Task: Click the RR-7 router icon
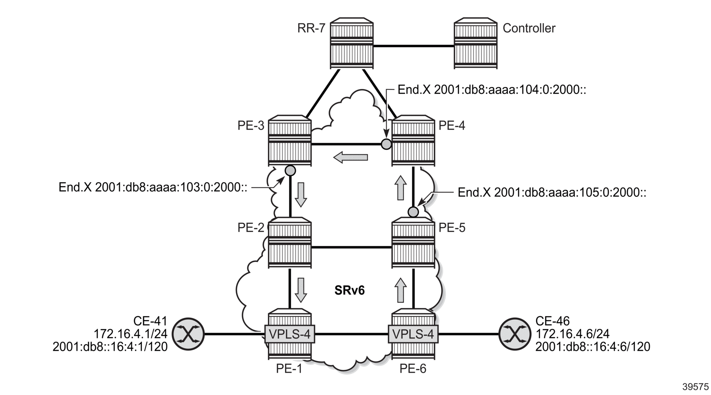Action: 352,43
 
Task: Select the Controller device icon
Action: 475,43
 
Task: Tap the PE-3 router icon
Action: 290,141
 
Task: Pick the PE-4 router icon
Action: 413,141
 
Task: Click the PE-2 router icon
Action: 290,243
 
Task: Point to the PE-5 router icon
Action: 413,243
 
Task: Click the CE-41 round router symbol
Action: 188,334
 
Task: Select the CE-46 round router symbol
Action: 515,334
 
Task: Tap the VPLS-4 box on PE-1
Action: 290,334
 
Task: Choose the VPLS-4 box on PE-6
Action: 413,334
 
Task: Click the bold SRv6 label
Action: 349,290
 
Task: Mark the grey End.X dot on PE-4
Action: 386,144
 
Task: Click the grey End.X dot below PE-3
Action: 290,170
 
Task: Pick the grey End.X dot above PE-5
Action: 413,212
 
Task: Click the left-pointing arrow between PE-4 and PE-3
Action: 350,157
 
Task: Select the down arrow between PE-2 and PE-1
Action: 301,290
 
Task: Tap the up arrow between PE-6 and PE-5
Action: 401,290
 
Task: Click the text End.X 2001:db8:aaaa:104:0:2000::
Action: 491,90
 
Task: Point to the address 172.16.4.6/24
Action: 572,334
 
